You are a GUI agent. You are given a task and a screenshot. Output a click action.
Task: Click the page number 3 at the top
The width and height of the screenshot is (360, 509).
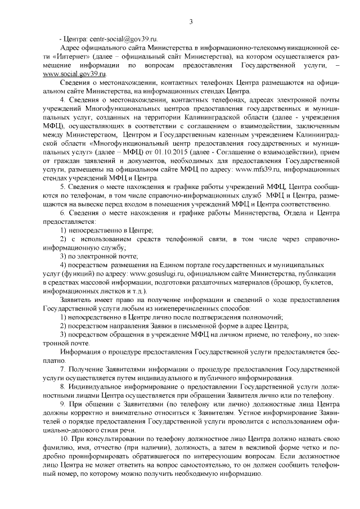(x=191, y=22)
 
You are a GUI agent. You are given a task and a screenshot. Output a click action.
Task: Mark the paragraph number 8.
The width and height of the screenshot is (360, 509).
(x=62, y=388)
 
